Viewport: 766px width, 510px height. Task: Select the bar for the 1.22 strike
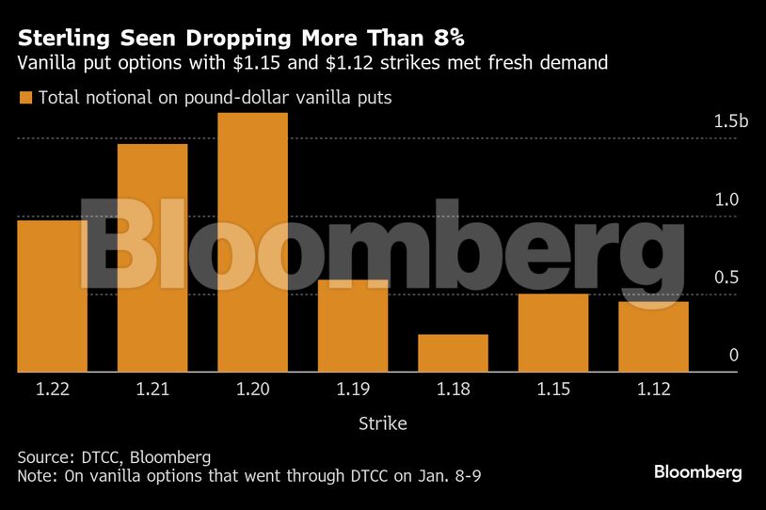pos(52,296)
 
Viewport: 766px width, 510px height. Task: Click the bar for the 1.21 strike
pos(152,258)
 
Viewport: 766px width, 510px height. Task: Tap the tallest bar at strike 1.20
pos(252,243)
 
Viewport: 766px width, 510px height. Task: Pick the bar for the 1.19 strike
pos(353,326)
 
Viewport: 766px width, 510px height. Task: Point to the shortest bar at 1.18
pos(453,353)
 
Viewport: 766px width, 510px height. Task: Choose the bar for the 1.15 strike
pos(553,333)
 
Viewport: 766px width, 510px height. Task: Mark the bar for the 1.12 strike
pos(653,337)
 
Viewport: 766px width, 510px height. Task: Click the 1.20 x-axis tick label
pos(252,390)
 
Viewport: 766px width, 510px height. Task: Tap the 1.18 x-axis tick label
pos(453,390)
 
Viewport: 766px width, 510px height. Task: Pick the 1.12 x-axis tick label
pos(653,390)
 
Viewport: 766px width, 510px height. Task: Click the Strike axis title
pos(383,423)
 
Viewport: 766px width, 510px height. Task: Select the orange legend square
pos(24,97)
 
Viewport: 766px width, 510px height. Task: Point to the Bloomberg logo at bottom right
pos(698,471)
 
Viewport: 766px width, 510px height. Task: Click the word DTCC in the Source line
pos(97,457)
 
